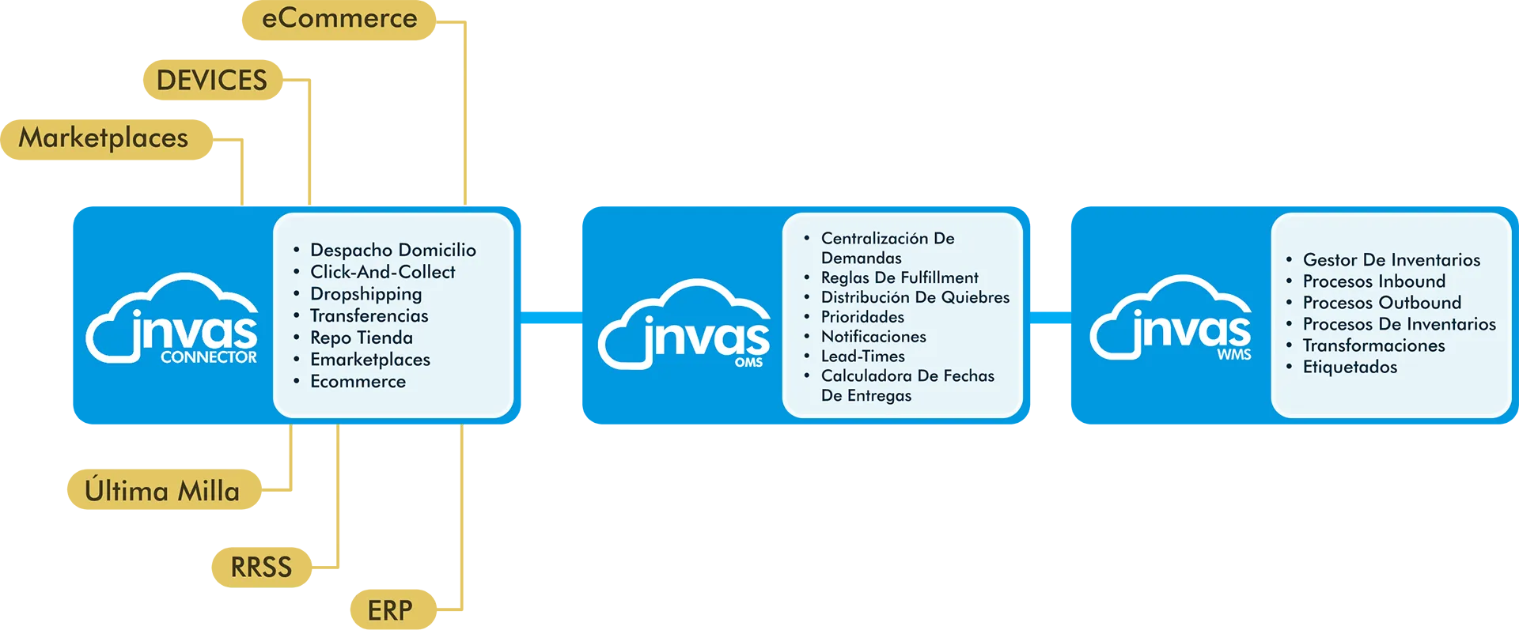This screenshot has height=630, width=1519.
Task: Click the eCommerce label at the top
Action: tap(339, 18)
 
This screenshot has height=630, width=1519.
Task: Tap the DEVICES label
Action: tap(211, 80)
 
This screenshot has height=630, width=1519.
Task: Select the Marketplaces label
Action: tap(104, 138)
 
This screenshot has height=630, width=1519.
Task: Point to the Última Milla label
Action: tap(162, 491)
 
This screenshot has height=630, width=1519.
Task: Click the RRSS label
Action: tap(261, 567)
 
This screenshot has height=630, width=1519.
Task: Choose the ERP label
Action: tap(390, 609)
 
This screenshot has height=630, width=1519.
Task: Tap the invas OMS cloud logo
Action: tap(684, 325)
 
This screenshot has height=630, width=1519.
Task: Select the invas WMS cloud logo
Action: tap(1172, 319)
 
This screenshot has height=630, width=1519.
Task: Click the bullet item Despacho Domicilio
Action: tap(392, 250)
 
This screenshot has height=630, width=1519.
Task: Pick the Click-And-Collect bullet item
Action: tap(382, 272)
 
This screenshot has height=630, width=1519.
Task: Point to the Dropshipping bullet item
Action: tap(366, 294)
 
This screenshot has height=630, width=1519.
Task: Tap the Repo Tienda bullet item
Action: tap(361, 338)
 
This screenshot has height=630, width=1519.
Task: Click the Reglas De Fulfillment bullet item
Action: tap(900, 277)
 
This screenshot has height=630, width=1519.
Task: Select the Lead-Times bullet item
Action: tap(862, 356)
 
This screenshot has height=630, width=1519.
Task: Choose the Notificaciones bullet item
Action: tap(873, 336)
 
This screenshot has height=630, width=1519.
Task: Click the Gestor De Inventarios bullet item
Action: tap(1391, 259)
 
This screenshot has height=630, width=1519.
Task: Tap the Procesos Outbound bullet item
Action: tap(1381, 302)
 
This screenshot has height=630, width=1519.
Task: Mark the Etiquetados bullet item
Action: tap(1350, 367)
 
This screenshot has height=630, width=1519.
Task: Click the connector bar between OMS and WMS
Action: tap(1051, 319)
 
